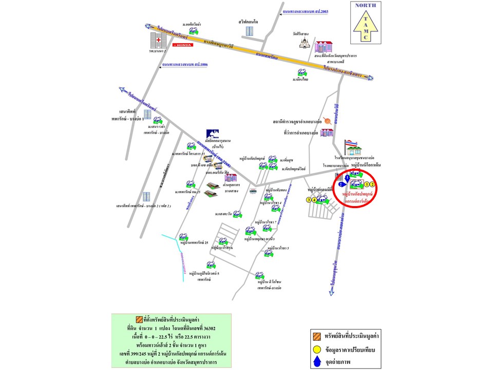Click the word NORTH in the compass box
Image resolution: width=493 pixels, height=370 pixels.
pos(366,6)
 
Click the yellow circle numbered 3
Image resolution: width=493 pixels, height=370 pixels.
pos(309,200)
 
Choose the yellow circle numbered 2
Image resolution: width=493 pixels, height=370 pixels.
pos(373,184)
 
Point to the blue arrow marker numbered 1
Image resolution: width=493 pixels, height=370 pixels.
pos(348,177)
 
